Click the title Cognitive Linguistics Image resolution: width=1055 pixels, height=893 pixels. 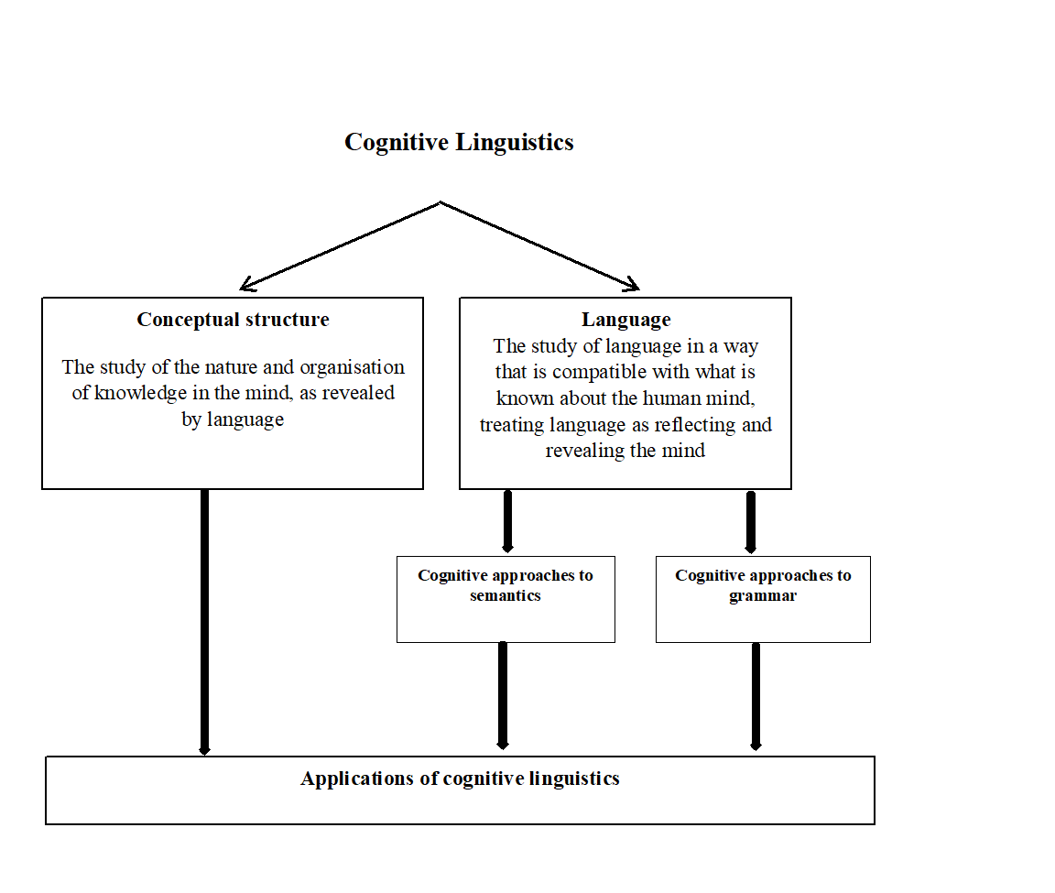click(x=459, y=143)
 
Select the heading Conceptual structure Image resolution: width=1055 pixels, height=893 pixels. click(x=233, y=320)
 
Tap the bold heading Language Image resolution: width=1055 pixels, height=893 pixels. click(x=625, y=320)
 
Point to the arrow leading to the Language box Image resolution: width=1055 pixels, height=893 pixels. click(x=540, y=245)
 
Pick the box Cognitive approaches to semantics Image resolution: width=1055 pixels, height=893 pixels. click(x=506, y=599)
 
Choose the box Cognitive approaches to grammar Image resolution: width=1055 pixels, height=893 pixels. click(x=763, y=599)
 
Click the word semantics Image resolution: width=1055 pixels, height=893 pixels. click(x=506, y=596)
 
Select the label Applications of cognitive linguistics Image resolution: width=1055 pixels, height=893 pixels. click(x=460, y=779)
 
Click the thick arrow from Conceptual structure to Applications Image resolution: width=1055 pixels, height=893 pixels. click(x=204, y=623)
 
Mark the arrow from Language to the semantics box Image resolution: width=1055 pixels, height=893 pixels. click(x=507, y=522)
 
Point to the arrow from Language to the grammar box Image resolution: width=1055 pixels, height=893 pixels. click(x=751, y=522)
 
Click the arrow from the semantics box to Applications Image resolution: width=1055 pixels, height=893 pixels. click(x=503, y=696)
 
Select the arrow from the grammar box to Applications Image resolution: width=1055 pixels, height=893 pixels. click(x=756, y=696)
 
